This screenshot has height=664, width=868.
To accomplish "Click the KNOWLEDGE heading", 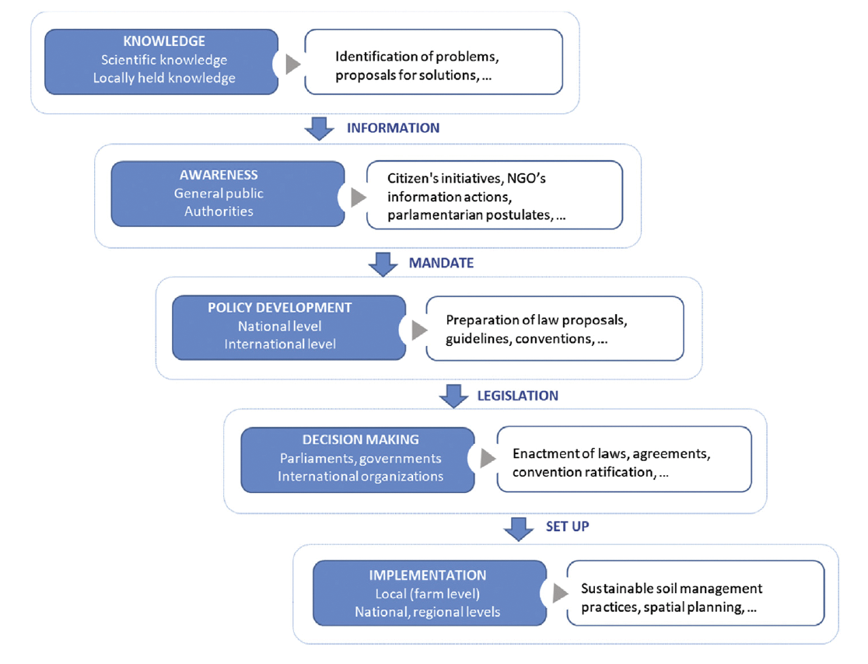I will point(164,42).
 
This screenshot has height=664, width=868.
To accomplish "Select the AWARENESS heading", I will point(219,175).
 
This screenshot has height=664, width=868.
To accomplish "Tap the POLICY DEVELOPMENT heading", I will point(280,308).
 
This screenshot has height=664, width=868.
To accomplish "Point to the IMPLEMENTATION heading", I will point(428,575).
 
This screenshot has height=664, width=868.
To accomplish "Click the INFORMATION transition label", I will point(394,128).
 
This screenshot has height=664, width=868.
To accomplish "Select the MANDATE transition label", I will point(441,263).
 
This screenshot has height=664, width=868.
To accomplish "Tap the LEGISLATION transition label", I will point(517,396).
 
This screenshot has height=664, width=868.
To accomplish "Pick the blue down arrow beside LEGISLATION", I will point(453,397).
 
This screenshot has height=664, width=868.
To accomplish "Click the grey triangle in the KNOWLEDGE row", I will point(292,65).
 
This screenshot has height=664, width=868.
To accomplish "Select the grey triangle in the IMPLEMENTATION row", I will point(559,594).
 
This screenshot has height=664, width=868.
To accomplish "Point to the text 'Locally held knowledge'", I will point(164,78).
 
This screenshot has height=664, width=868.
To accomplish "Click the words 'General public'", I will point(219,194).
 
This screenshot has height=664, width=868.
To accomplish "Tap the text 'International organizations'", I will point(361,476).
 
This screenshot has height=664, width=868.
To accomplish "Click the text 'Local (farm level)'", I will point(428,595).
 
